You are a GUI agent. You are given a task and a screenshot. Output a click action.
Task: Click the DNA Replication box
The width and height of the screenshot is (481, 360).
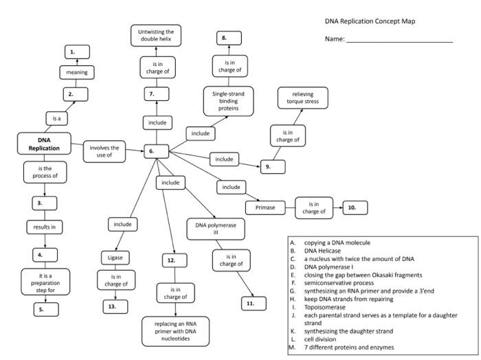point(44,144)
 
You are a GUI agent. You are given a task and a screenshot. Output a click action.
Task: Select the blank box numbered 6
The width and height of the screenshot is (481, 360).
point(156,151)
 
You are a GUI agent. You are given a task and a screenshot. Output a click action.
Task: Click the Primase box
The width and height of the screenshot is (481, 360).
point(265,207)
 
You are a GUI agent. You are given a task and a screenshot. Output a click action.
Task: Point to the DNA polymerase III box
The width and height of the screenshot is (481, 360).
point(212,227)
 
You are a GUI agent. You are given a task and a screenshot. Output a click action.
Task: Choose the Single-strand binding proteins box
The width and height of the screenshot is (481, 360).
point(227,101)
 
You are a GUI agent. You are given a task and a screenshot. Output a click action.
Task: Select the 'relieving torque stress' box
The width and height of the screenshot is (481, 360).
point(302,98)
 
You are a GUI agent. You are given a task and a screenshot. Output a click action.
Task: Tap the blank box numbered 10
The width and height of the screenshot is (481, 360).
point(354,207)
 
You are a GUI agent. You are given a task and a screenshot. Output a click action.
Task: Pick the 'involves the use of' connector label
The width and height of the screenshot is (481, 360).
point(104,151)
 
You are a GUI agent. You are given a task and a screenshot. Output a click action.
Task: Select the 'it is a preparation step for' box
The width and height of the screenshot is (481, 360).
point(45,280)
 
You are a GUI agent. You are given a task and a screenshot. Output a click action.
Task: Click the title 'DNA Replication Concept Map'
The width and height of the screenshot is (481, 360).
point(370,21)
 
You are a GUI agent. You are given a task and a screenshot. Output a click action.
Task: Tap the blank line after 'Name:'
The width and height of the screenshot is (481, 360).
point(399,41)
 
